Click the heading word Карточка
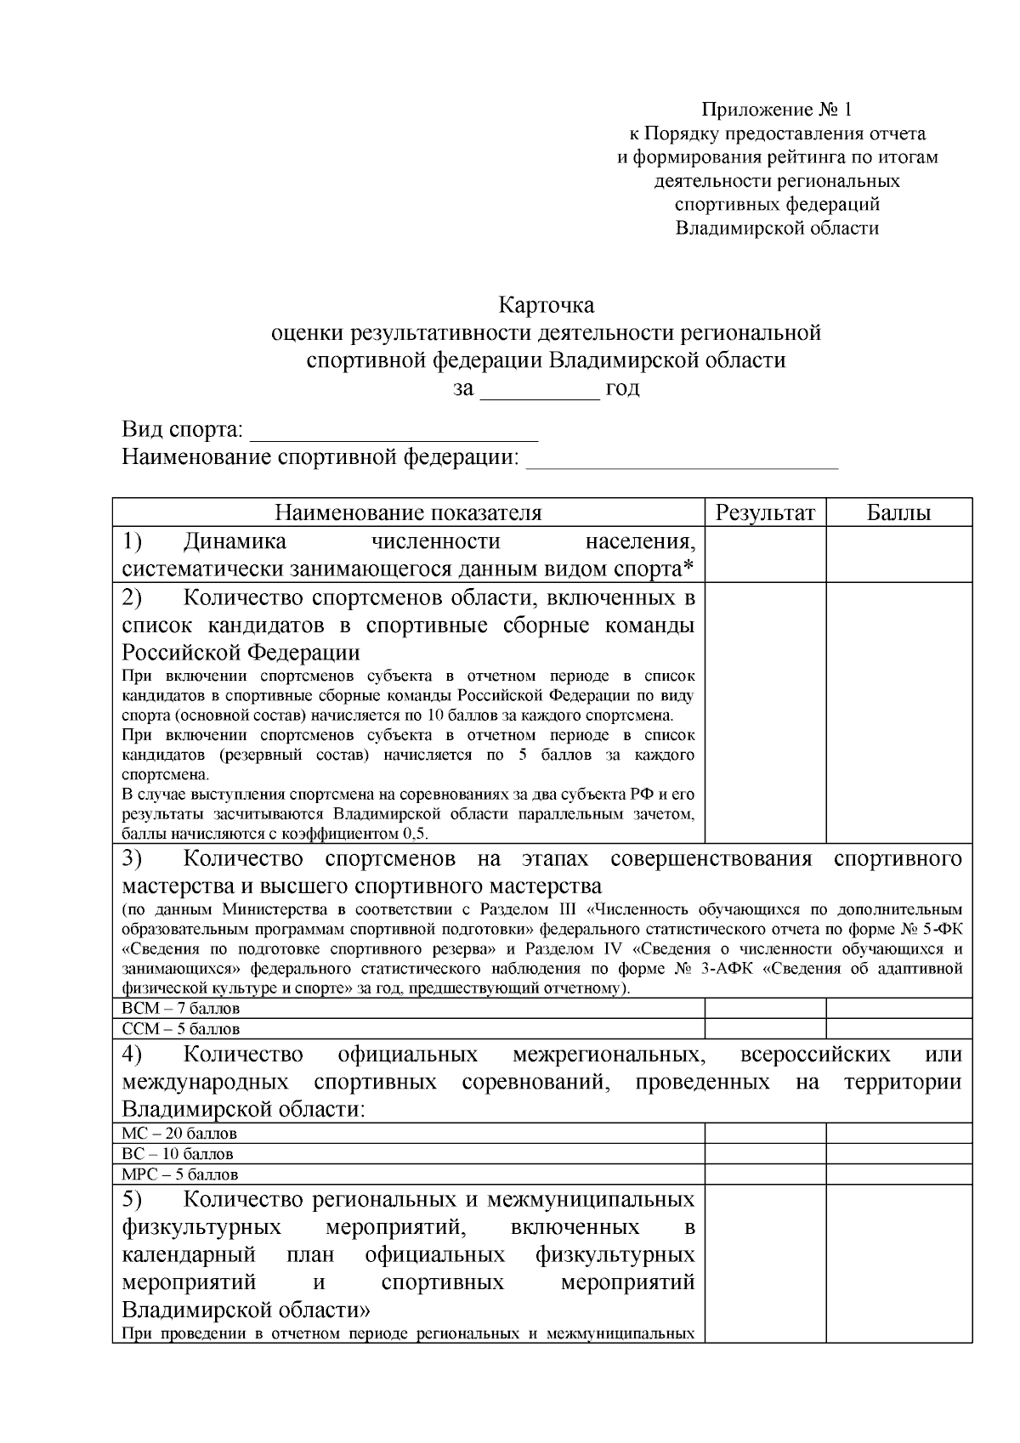(546, 304)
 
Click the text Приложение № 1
(776, 110)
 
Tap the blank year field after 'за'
(541, 391)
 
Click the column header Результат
(765, 512)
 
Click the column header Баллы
(898, 512)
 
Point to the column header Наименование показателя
(408, 512)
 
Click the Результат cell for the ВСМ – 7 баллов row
(765, 1009)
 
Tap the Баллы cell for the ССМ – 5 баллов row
(898, 1029)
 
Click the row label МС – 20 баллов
(179, 1134)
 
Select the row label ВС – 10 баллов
(178, 1154)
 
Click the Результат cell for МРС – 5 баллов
(765, 1174)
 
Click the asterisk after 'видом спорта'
(688, 566)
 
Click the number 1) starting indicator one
(133, 541)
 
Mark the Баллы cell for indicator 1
(898, 554)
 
